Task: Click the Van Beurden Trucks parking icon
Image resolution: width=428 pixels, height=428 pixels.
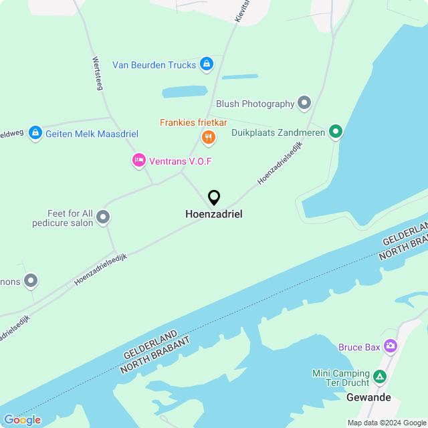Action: [x=207, y=65]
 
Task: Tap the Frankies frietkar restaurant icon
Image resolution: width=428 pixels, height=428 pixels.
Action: [x=209, y=138]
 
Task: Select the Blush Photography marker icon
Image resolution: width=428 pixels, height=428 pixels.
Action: [x=305, y=104]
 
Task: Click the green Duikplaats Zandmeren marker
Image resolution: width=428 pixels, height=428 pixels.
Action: [x=336, y=132]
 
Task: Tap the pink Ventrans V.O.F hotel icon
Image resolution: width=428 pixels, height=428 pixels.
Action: [x=138, y=160]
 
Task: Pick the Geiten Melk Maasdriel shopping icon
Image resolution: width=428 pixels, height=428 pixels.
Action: [x=35, y=134]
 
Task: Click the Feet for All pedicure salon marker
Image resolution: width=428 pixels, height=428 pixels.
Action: [x=103, y=217]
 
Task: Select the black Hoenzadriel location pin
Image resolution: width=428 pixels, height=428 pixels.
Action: [x=214, y=198]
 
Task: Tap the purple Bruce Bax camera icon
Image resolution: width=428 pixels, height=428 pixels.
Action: [x=391, y=347]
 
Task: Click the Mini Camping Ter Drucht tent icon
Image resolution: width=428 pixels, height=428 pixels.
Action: [x=380, y=378]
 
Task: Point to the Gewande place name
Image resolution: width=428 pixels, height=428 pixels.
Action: [x=368, y=397]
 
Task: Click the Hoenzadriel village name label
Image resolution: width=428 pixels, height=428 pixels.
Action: [x=214, y=215]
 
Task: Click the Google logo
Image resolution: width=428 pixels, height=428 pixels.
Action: [x=22, y=420]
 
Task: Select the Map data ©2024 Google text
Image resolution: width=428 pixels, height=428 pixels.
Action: [x=387, y=423]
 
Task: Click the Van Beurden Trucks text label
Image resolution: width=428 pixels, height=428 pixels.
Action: [x=154, y=65]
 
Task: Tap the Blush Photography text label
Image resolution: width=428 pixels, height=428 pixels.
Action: [x=255, y=104]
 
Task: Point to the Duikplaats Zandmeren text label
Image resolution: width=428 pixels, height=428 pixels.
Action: [x=278, y=132]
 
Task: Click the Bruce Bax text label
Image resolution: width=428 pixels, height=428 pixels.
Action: [x=359, y=347]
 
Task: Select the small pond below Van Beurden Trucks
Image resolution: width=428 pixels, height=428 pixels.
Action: [x=185, y=92]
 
